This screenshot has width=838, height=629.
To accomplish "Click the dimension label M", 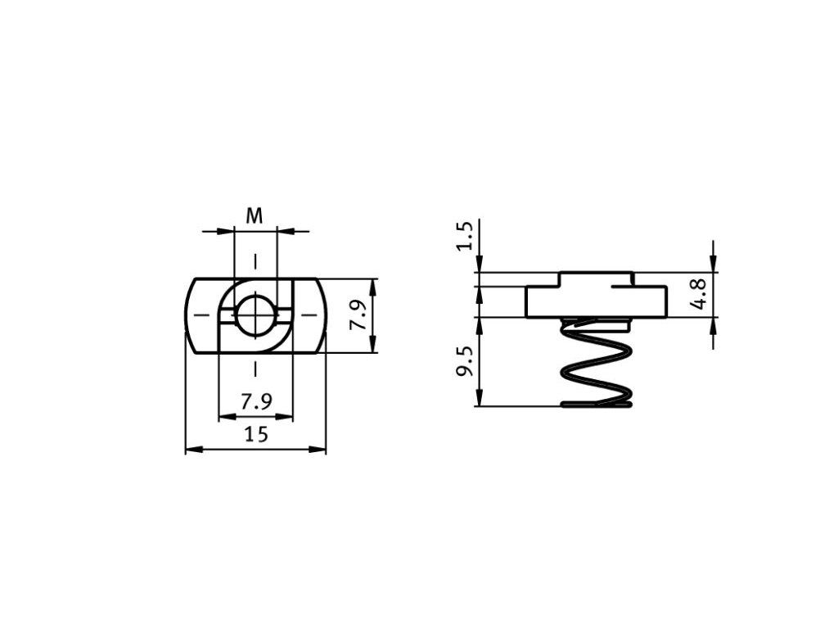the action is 255,216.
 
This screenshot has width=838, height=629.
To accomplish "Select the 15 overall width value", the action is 256,434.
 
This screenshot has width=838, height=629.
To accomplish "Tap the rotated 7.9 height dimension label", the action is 358,315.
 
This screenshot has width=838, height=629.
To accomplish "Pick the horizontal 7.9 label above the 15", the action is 255,402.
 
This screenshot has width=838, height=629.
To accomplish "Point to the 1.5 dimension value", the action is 465,236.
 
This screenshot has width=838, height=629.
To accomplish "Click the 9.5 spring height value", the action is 465,360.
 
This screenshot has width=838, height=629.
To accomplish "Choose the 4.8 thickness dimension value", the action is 697,293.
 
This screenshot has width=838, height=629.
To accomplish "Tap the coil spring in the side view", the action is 595,364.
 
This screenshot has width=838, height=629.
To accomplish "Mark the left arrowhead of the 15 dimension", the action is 191,449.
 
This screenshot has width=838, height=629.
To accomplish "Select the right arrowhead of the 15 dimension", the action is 321,449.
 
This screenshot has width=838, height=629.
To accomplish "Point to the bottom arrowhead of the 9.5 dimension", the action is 480,400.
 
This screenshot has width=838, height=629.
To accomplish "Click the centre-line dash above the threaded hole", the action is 256,262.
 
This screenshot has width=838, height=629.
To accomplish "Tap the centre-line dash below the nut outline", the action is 256,369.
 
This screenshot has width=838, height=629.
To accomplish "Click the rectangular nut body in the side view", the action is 596,301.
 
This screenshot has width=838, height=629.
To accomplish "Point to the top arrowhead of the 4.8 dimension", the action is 714,265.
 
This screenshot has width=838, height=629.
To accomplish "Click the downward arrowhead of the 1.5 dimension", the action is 480,267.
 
